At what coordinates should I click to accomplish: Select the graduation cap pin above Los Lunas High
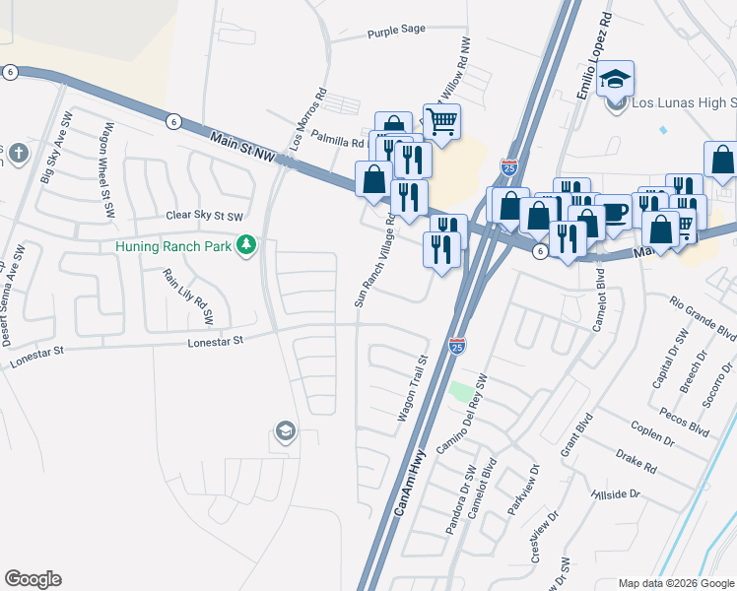pos(615,79)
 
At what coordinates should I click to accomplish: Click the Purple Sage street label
pos(396,30)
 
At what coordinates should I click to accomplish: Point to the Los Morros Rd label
pos(308,121)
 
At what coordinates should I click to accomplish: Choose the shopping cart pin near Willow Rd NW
pos(442,122)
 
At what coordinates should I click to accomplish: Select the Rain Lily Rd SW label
pos(188,296)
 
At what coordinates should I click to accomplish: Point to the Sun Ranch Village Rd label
pos(375,260)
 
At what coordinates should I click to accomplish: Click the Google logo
pos(33,579)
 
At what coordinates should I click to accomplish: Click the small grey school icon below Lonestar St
pos(286,432)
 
